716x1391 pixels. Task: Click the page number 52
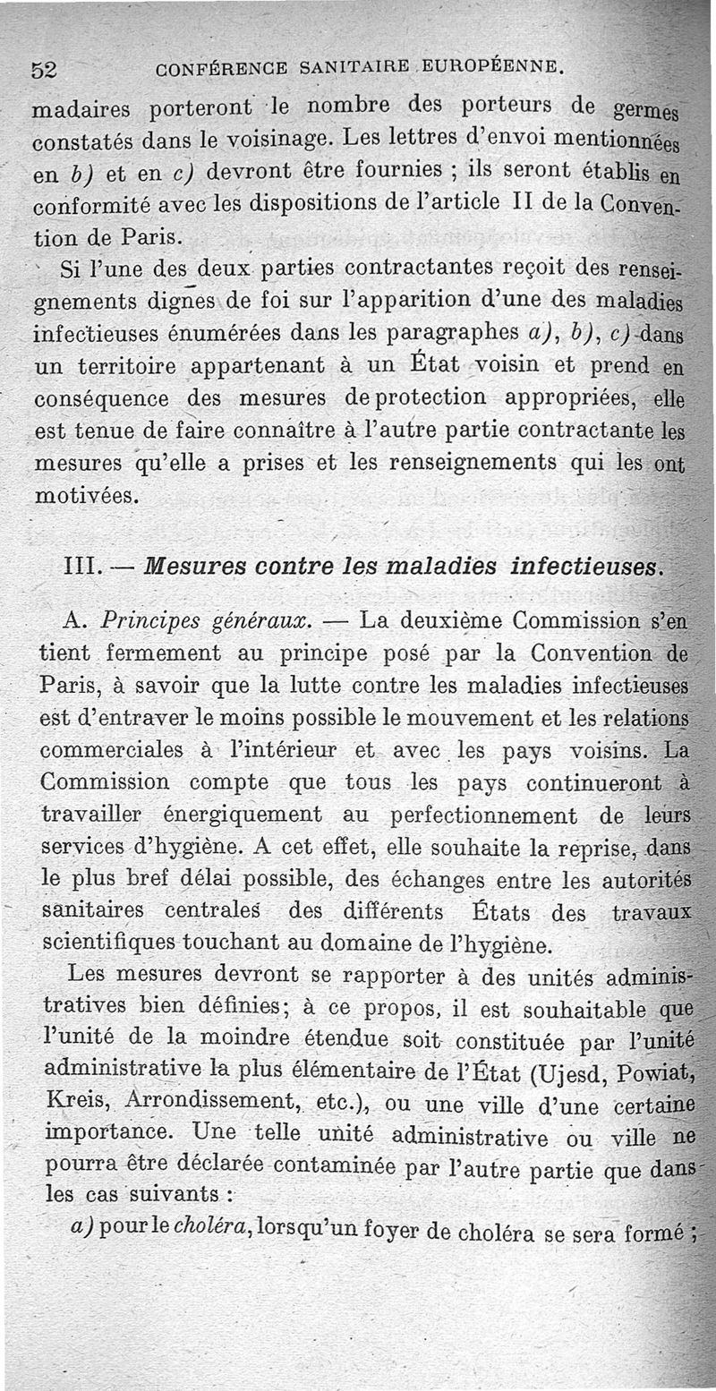pos(44,69)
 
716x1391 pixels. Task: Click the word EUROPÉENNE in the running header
pos(488,66)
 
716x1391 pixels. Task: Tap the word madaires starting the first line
pos(80,111)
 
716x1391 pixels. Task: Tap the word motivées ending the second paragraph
pos(86,495)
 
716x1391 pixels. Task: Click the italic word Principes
pos(146,620)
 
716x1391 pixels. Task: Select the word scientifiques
pos(108,945)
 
